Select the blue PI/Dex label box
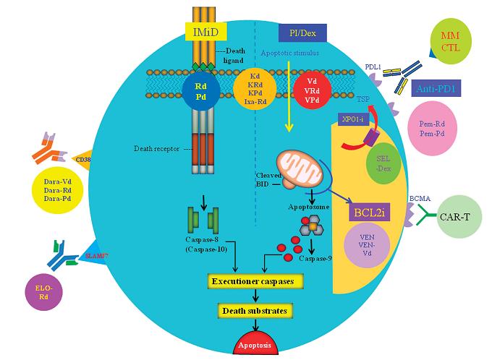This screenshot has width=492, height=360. click(x=302, y=33)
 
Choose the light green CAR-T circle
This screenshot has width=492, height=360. click(x=460, y=220)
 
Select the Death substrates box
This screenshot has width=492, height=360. click(x=253, y=311)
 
